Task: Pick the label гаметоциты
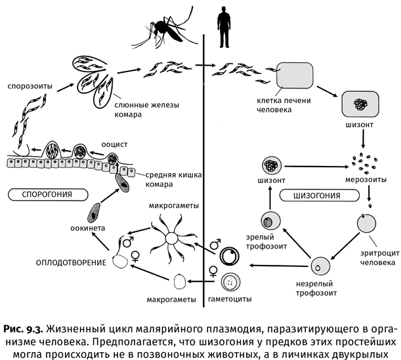tap(228, 300)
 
